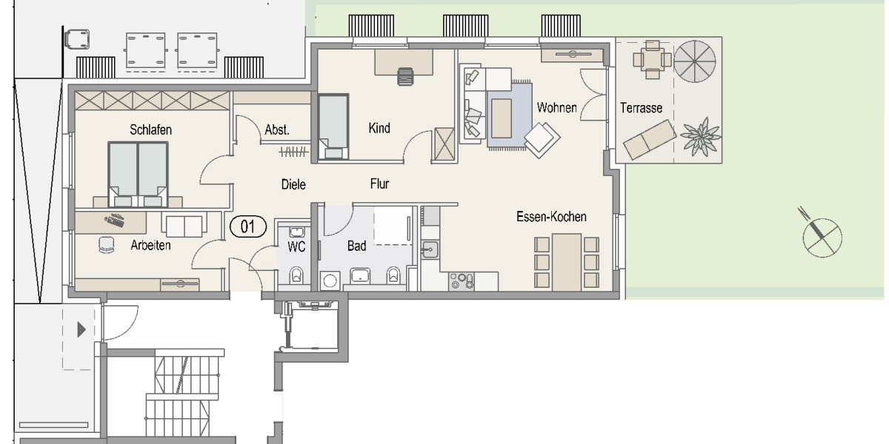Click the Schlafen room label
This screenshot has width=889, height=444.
tap(150, 129)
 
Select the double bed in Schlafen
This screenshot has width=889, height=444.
tap(138, 172)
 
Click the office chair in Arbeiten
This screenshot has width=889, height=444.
tap(107, 245)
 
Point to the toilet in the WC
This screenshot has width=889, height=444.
tap(296, 275)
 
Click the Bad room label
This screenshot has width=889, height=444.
tap(356, 246)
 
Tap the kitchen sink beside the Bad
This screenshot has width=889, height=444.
tap(430, 250)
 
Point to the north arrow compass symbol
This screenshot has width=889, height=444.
tap(822, 237)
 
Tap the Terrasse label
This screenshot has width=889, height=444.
tap(641, 108)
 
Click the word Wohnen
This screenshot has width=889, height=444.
tap(556, 108)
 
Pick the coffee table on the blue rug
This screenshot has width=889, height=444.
tap(502, 117)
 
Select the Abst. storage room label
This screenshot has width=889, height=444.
tap(276, 130)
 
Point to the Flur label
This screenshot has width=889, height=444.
tap(379, 184)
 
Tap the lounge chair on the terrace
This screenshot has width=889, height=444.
tap(649, 138)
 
